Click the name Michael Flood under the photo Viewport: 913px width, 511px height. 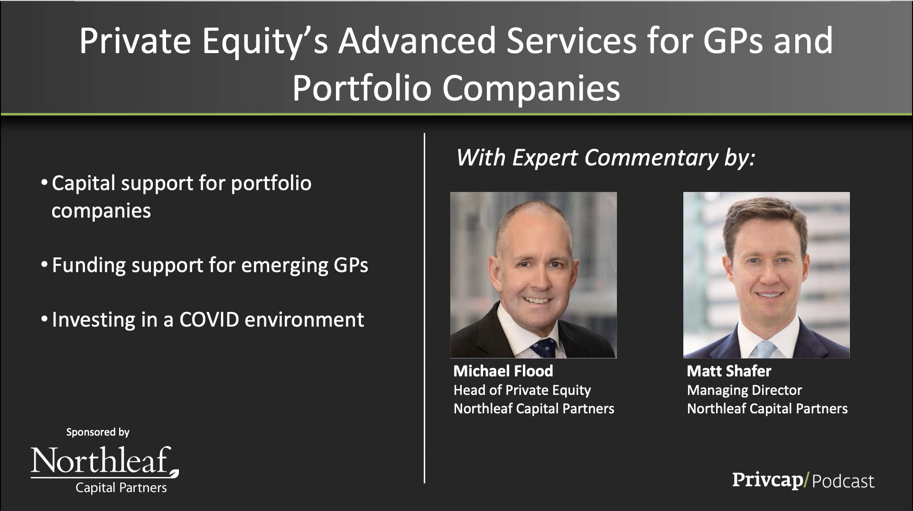point(503,371)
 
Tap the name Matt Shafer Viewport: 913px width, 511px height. point(729,371)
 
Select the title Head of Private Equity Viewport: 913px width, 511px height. point(522,390)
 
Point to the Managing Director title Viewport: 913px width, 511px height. point(744,390)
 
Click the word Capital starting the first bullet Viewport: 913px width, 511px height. point(83,184)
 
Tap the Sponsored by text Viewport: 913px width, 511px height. point(98,432)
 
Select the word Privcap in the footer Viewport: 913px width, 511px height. point(767,480)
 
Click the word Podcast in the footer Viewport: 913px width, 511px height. point(843,481)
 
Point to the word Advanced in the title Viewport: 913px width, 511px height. point(416,41)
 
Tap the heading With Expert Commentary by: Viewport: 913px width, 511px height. point(606,158)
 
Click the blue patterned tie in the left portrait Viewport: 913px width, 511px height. point(543,348)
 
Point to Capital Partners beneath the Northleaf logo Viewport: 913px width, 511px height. point(121,488)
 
